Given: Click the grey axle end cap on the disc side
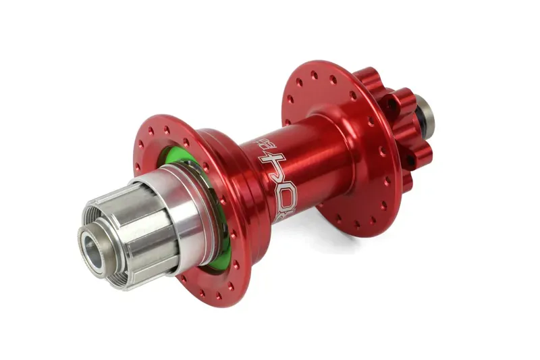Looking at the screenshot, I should click(x=425, y=115).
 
